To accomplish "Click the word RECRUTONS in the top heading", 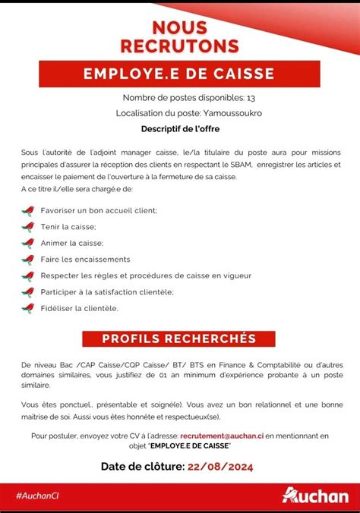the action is (179, 46).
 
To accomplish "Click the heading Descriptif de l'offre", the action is (179, 129).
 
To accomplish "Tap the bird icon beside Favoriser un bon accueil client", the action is (28, 209).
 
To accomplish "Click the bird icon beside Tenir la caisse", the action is (28, 226).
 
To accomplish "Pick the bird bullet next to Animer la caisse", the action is (28, 243).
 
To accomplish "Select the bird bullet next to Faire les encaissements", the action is (28, 260).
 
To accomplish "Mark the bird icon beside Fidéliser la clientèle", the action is (28, 308).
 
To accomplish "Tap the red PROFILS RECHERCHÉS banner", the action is (179, 338).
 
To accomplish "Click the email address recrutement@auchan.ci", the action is (221, 436).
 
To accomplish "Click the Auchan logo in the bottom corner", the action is (315, 495).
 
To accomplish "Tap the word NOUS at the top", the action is (179, 28).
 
